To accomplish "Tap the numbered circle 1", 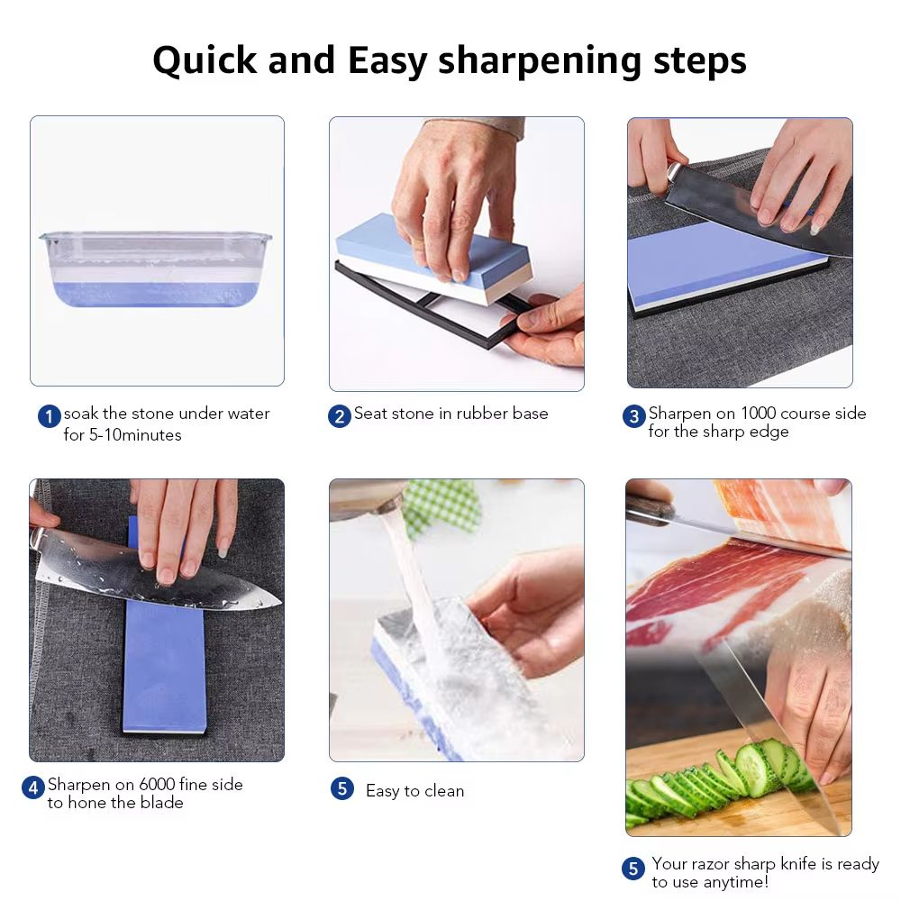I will pyautogui.click(x=49, y=417).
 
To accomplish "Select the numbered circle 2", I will pyautogui.click(x=339, y=416).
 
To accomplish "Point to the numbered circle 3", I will pyautogui.click(x=633, y=416).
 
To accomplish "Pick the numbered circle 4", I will pyautogui.click(x=33, y=787).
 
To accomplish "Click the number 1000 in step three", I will pyautogui.click(x=763, y=414).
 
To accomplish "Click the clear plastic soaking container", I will pyautogui.click(x=155, y=268).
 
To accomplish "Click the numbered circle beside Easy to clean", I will pyautogui.click(x=341, y=789).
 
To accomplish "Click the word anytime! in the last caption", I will pyautogui.click(x=737, y=882).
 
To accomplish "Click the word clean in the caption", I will pyautogui.click(x=444, y=791).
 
